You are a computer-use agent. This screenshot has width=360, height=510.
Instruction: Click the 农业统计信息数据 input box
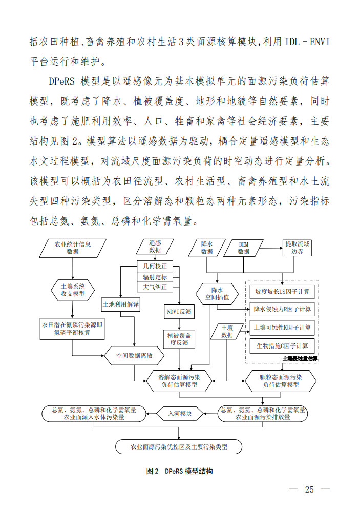73,248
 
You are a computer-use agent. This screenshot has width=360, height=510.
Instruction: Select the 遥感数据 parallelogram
155,247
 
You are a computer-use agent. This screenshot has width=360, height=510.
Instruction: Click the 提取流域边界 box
297,248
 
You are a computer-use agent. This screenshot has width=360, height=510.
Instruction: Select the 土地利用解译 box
121,304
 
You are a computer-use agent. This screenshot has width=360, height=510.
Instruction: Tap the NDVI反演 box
179,312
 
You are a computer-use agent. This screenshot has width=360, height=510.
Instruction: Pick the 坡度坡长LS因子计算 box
282,291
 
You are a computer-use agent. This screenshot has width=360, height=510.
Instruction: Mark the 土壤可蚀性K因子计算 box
282,327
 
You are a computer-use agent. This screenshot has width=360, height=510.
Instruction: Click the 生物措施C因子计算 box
282,345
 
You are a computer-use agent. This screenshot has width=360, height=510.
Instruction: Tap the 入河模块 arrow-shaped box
180,413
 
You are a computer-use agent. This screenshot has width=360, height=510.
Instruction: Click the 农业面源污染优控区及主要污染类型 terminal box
179,447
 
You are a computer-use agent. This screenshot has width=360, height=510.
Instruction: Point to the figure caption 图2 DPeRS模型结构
179,471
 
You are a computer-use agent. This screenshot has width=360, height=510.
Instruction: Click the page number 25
309,489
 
